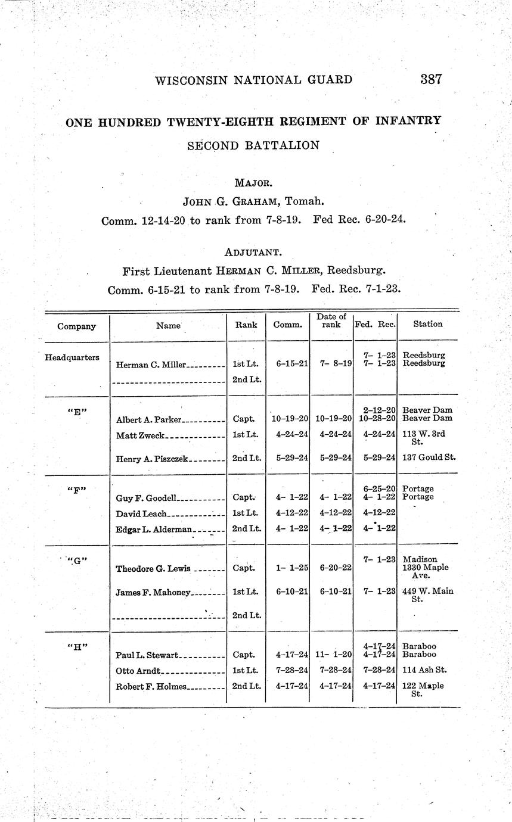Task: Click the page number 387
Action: (430, 79)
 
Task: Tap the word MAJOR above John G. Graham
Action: (254, 183)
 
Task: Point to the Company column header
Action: (76, 326)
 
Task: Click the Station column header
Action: (427, 324)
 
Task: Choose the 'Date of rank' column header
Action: (331, 321)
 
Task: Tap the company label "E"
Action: (75, 411)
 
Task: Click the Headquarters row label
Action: (72, 358)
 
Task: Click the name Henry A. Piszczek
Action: (152, 459)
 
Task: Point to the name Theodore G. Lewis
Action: (153, 568)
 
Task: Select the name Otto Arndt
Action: (136, 671)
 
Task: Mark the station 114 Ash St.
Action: (424, 670)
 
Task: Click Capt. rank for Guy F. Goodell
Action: (244, 497)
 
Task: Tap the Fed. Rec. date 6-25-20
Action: (378, 489)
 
